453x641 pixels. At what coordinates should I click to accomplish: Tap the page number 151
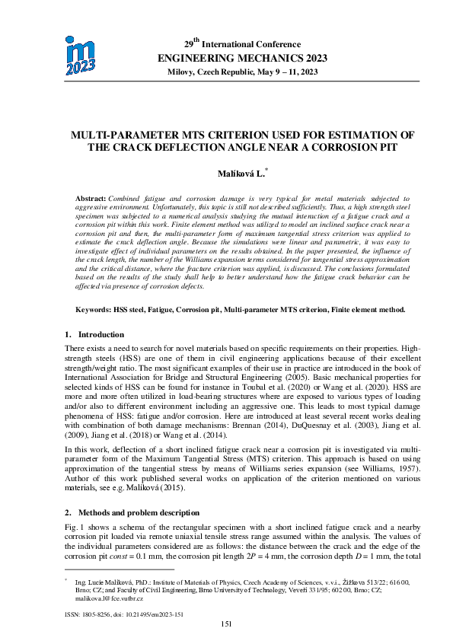pyautogui.click(x=226, y=623)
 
